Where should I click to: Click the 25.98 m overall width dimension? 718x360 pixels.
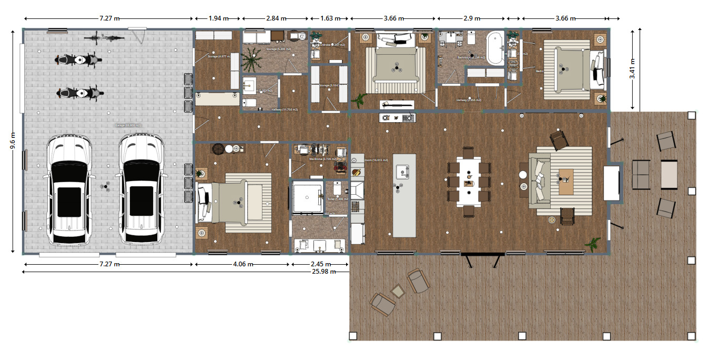tap(323, 272)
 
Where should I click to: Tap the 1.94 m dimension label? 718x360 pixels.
tap(218, 18)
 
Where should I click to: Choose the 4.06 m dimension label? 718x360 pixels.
tap(243, 264)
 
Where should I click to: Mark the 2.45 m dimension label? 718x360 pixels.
tap(320, 264)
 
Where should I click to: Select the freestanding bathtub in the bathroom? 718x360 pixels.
tap(495, 48)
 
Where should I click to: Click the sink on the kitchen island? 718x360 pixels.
tap(403, 171)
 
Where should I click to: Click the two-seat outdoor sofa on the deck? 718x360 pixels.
tap(640, 175)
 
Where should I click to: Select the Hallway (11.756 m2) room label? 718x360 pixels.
tap(285, 109)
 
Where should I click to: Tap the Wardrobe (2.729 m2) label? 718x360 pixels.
tap(319, 159)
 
